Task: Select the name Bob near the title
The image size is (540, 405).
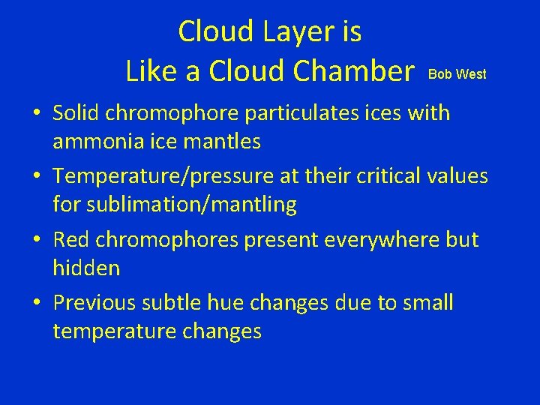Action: tap(439, 74)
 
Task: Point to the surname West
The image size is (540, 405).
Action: tap(471, 74)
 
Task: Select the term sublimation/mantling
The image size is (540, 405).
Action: tap(175, 204)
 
